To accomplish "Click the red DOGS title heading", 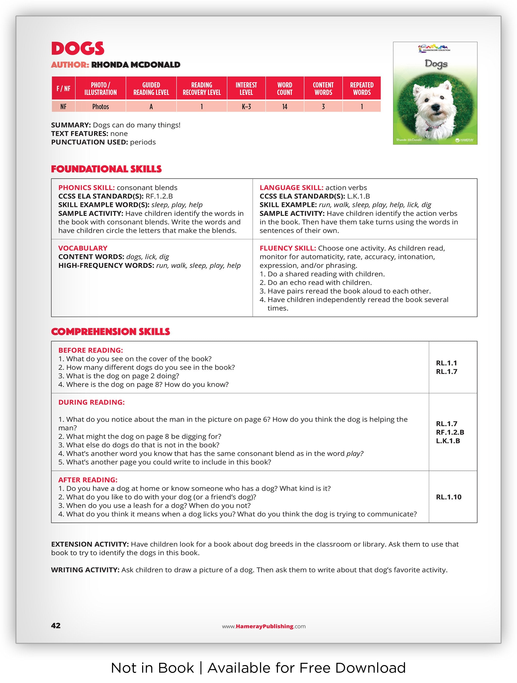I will (x=77, y=48).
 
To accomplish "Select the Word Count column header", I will (x=284, y=89).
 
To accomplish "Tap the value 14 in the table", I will (x=284, y=107).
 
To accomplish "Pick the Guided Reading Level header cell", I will (x=151, y=89).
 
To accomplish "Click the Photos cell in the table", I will (x=101, y=107).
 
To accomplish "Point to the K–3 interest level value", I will (x=246, y=107).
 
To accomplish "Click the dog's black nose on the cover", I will (x=435, y=107).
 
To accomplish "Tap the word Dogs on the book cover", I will (x=436, y=64).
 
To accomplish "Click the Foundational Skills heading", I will (x=106, y=169).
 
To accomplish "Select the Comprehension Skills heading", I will (x=110, y=332).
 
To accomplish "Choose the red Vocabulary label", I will (x=83, y=248).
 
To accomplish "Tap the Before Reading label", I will (x=90, y=350).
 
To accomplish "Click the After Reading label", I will (x=88, y=480).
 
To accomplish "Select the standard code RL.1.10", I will (x=449, y=497).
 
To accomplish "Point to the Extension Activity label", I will (x=90, y=544).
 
